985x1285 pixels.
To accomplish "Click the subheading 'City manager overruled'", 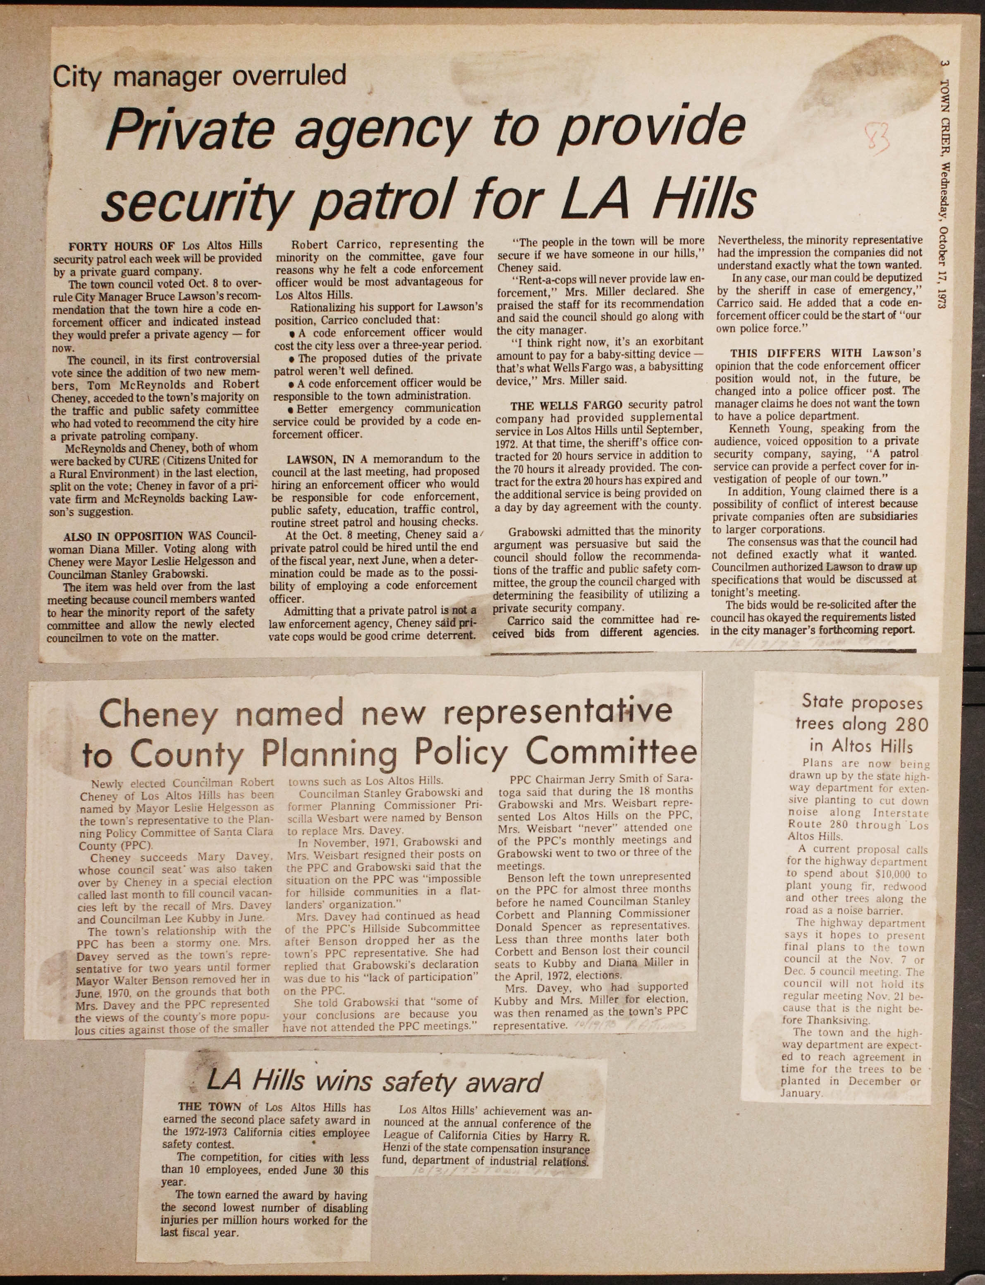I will (199, 76).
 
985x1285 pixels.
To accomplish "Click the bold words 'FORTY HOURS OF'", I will (123, 246).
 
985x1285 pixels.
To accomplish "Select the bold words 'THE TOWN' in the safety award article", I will (209, 1107).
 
